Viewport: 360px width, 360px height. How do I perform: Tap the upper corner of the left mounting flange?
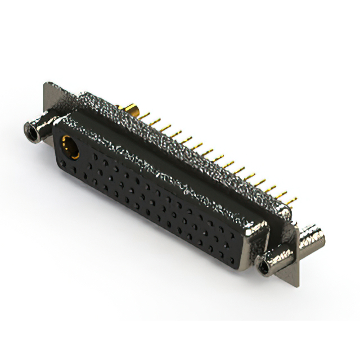[x=46, y=85]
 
